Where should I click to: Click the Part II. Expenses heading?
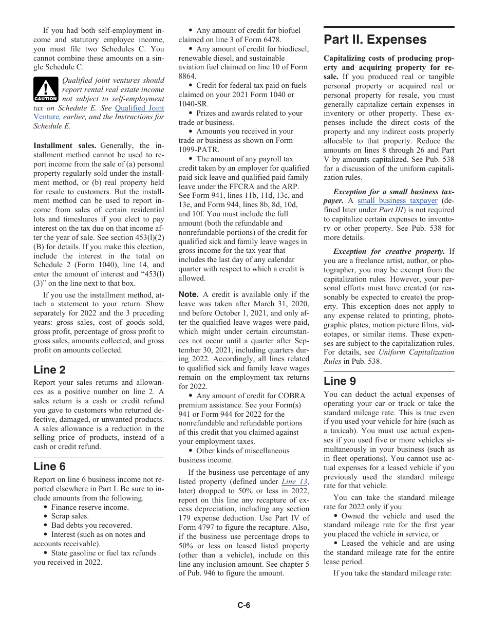pyautogui.click(x=375, y=40)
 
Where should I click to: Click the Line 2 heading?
pyautogui.click(x=49, y=369)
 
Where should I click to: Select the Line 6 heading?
pyautogui.click(x=49, y=467)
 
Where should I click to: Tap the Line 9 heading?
pyautogui.click(x=340, y=381)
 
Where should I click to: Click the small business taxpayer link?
pyautogui.click(x=397, y=201)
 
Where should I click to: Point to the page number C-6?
pyautogui.click(x=243, y=605)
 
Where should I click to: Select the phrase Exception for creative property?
pyautogui.click(x=389, y=251)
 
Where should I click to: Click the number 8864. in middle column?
pyautogui.click(x=189, y=76)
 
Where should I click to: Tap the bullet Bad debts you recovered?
pyautogui.click(x=91, y=525)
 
